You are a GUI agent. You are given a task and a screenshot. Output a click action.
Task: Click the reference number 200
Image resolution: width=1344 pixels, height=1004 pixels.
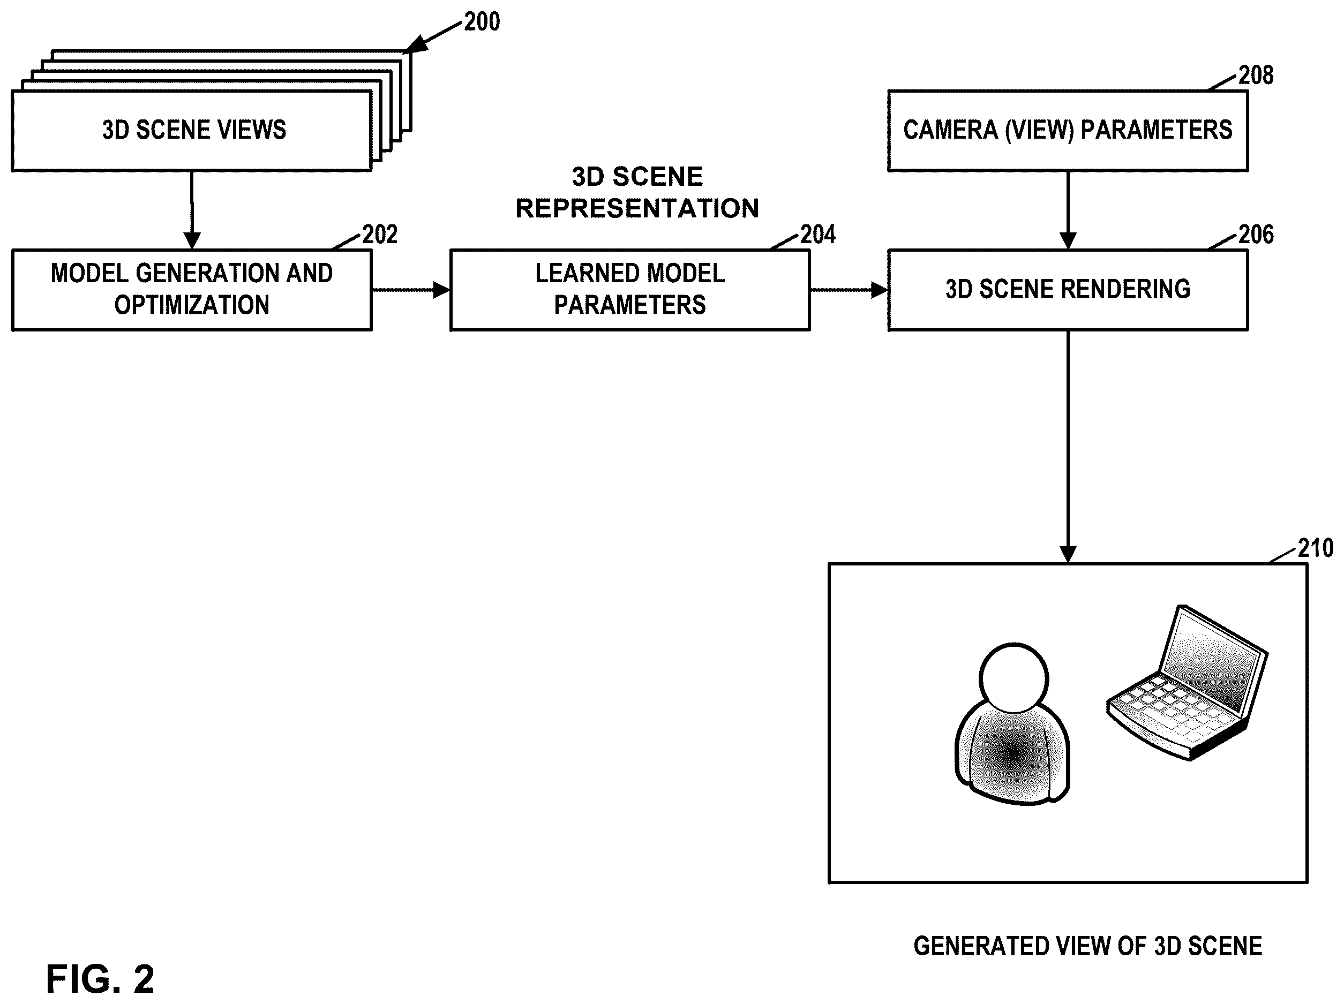[482, 22]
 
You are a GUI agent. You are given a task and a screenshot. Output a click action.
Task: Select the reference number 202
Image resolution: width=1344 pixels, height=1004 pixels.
[380, 235]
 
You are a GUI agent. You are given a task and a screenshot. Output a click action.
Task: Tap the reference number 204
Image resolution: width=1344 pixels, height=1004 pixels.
[818, 235]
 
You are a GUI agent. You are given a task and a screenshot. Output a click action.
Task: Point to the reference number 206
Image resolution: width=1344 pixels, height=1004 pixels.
[1256, 235]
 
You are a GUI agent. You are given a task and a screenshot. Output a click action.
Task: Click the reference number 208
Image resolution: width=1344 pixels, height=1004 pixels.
[1256, 76]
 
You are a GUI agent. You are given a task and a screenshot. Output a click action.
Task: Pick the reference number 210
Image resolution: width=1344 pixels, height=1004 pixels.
[1316, 548]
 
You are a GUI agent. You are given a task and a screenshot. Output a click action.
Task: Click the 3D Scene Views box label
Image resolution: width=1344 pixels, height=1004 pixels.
[194, 130]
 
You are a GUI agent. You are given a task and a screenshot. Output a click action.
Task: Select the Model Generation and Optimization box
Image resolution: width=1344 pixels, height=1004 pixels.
[192, 290]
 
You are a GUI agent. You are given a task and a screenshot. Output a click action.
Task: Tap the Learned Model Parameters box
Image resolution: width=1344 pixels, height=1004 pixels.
[630, 290]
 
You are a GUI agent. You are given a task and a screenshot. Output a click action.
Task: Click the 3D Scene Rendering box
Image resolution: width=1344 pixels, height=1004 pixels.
[1068, 290]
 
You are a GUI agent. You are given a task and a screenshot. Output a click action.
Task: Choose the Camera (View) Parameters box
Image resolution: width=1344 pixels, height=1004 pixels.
[1068, 131]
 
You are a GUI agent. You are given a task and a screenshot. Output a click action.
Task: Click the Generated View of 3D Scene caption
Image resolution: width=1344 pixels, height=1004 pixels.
[1087, 946]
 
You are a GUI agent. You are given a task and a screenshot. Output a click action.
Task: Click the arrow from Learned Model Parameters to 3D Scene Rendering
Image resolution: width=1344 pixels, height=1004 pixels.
[849, 290]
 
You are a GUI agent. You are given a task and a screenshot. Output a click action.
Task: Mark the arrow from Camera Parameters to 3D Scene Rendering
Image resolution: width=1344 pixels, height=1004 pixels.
[1068, 210]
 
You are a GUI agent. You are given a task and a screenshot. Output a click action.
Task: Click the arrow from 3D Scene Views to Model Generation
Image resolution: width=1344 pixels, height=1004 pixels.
[192, 210]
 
